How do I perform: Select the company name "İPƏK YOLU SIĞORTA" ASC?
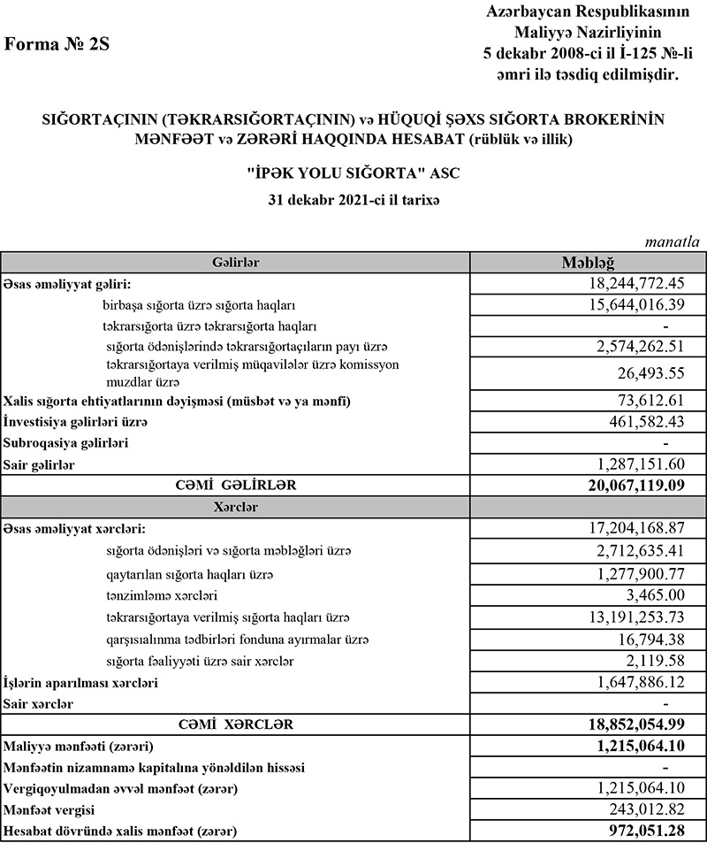click(x=353, y=173)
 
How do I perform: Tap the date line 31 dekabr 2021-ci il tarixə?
click(x=353, y=200)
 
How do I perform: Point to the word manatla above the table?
click(x=673, y=241)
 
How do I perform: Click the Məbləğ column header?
click(x=589, y=262)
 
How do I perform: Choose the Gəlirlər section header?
click(x=235, y=262)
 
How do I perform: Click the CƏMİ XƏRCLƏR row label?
click(x=235, y=724)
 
